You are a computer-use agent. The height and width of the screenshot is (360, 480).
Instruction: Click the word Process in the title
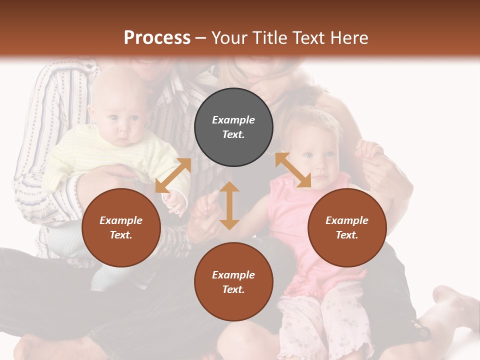coord(157,38)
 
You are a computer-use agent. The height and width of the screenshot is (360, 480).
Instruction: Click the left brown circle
coord(121,227)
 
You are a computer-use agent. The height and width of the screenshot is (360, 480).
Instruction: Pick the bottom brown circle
coord(233,281)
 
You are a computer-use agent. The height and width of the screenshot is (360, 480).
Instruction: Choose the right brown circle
coord(347,227)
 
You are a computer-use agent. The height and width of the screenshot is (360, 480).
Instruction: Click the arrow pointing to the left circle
coord(173,175)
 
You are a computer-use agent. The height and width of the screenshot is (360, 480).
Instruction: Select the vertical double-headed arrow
coord(229,205)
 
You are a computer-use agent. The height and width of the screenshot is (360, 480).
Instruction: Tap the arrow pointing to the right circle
coord(293,170)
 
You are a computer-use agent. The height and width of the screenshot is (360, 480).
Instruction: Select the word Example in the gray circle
coord(233,120)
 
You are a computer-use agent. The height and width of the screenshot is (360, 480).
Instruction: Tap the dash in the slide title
coord(201,38)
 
